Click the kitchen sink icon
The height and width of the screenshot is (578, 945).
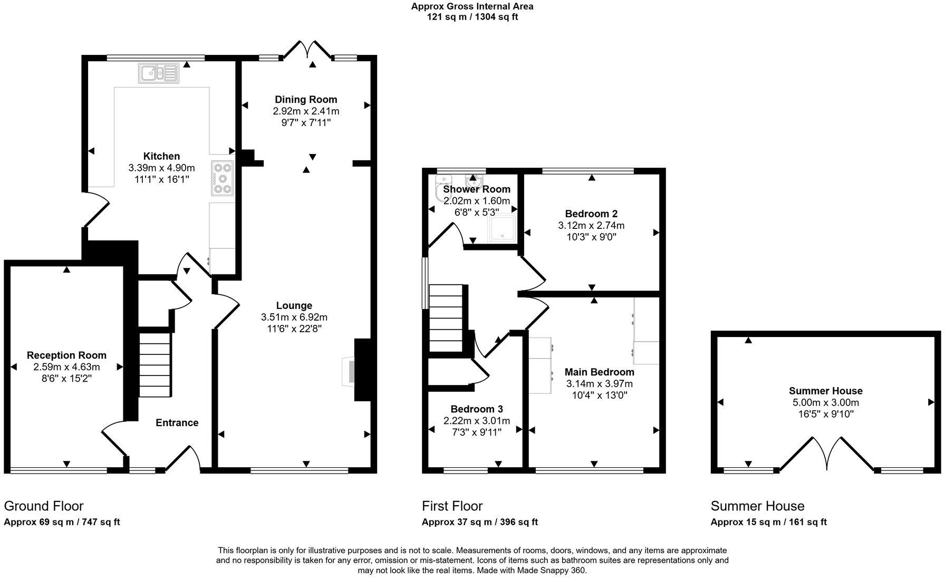pos(159,73)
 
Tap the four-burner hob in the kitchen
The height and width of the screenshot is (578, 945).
pos(223,178)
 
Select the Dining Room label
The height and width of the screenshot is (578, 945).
pos(306,99)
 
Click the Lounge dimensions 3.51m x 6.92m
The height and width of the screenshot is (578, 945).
pos(294,317)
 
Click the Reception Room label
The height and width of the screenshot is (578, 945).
pos(66,355)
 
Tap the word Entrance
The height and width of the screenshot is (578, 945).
pos(177,422)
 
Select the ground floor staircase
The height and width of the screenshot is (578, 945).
pos(155,364)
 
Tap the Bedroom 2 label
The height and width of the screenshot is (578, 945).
pos(591,214)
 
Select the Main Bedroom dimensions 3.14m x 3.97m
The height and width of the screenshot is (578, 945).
pos(600,383)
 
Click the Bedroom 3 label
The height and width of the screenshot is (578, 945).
pos(477,409)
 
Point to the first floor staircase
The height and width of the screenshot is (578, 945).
pos(446,318)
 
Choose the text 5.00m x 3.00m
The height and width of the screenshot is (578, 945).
pos(826,402)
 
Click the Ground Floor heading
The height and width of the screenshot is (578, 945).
pos(44,506)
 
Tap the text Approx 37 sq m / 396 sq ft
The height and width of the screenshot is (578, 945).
pos(479,522)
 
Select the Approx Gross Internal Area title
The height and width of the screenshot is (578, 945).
pos(472,6)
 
